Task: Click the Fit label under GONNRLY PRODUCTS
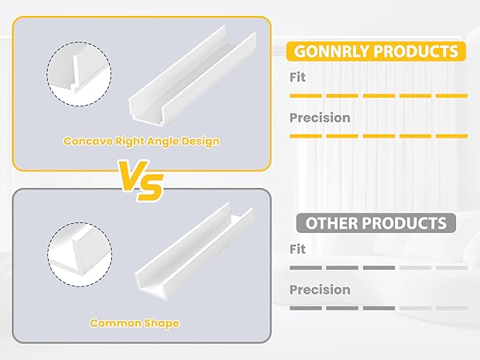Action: (x=298, y=78)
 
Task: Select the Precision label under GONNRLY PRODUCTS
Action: (x=319, y=118)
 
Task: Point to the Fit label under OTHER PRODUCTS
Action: (x=298, y=250)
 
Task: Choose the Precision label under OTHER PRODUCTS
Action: (x=319, y=290)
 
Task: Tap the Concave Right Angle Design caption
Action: (x=142, y=141)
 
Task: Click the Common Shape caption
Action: (x=134, y=323)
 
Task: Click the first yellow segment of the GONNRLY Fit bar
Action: (x=305, y=95)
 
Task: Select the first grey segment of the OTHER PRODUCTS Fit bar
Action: (x=305, y=267)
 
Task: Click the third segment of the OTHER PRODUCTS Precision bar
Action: (x=378, y=307)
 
